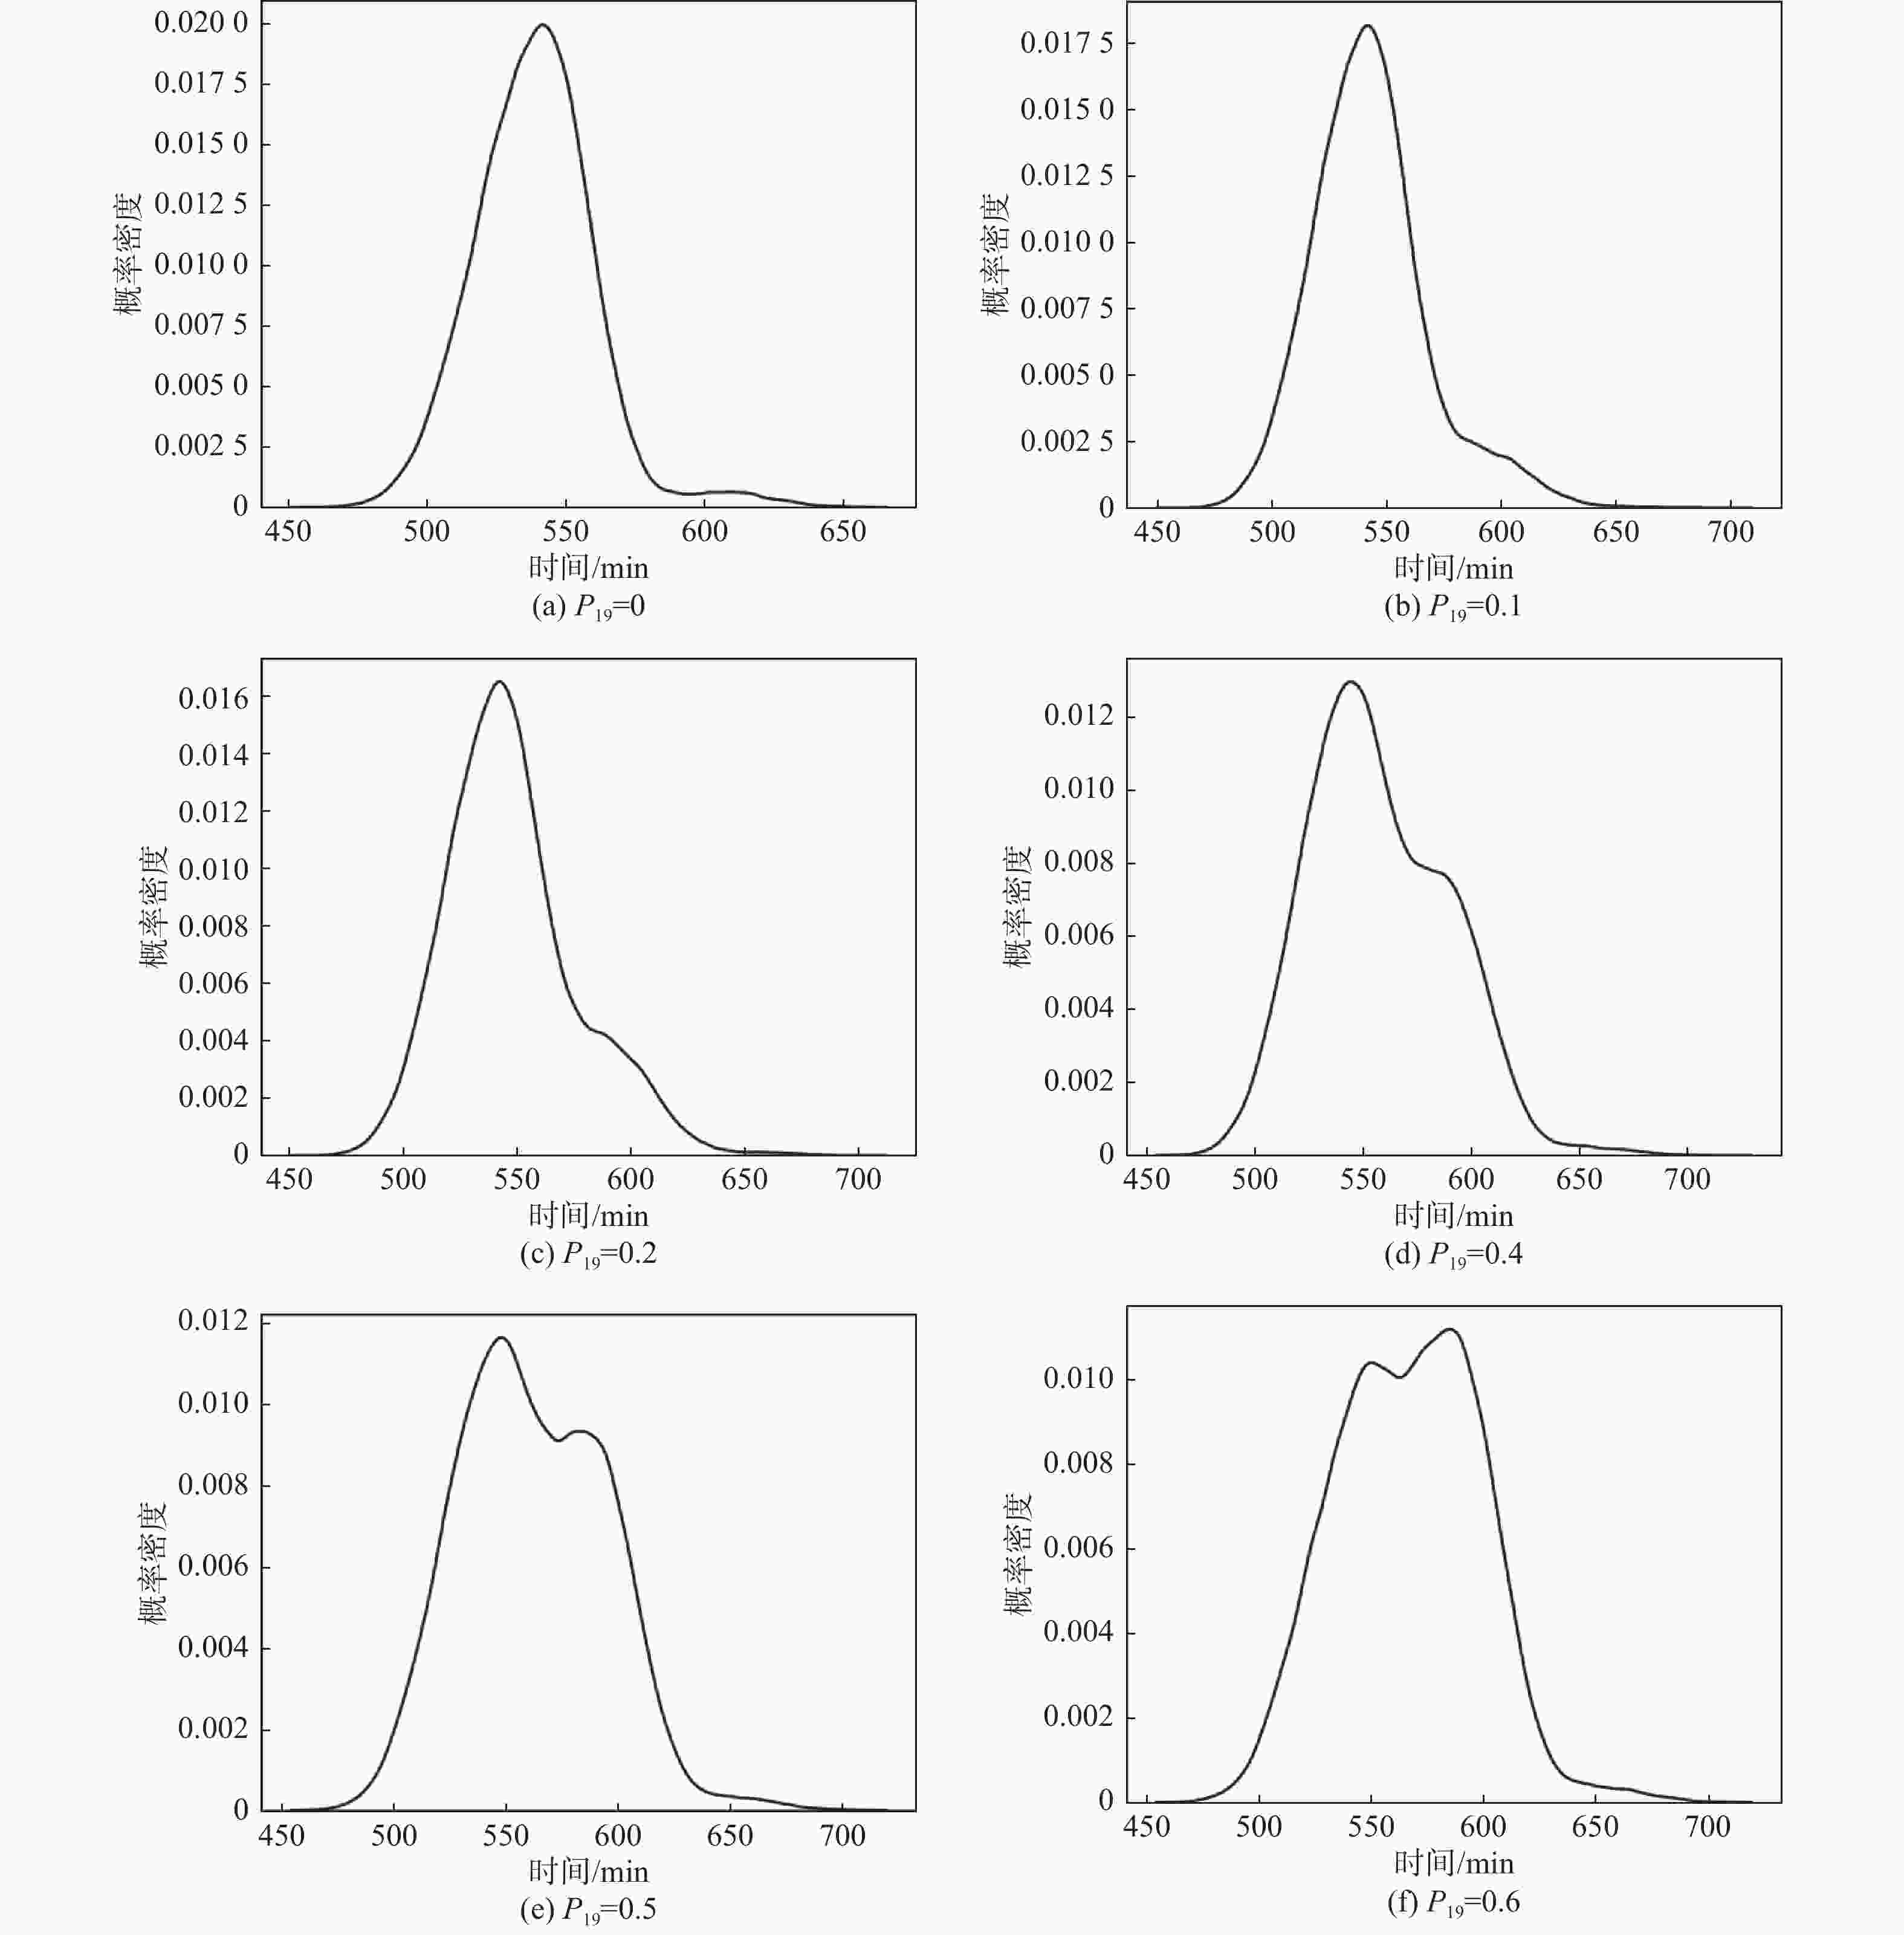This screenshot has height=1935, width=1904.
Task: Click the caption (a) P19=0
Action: tap(588, 606)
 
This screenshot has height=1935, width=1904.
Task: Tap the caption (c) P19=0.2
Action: tap(588, 1254)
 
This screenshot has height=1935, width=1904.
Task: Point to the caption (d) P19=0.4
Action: tap(1453, 1254)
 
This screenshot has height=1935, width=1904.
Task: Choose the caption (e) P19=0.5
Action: tap(588, 1909)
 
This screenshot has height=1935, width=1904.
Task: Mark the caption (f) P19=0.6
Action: tap(1453, 1902)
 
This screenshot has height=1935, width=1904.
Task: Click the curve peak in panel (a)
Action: tap(543, 25)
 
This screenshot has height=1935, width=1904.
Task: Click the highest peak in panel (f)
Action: tap(1450, 1329)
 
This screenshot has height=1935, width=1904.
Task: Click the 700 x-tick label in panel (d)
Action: tap(1687, 1179)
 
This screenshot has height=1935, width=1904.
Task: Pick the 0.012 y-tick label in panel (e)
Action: tap(212, 1320)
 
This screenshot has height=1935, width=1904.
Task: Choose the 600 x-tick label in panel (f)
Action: tap(1482, 1827)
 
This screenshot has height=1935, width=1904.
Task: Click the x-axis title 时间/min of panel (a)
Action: tap(588, 568)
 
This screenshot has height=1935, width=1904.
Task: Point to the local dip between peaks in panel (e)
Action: tap(558, 1440)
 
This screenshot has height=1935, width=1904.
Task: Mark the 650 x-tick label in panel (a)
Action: tap(842, 531)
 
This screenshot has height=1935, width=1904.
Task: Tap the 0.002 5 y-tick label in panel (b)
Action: tap(1066, 441)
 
